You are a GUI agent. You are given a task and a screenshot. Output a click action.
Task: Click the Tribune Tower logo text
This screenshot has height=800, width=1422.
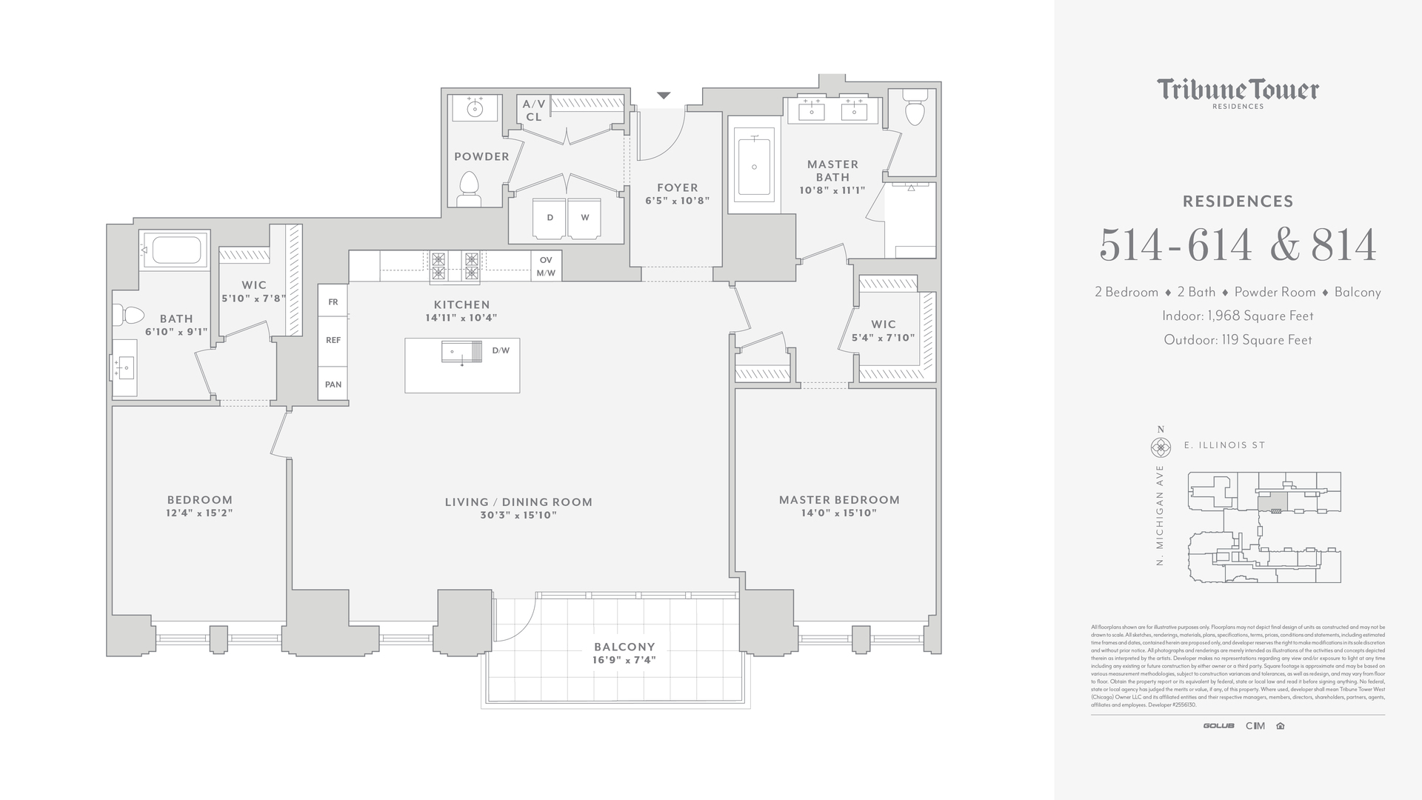1238,90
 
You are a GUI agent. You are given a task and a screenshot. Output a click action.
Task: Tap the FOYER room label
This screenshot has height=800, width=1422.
677,188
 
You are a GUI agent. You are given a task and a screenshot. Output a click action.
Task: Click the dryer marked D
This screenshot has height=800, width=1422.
550,218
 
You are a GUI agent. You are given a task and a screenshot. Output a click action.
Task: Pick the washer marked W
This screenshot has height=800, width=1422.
585,218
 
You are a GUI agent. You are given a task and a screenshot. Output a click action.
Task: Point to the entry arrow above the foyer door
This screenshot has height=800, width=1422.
664,96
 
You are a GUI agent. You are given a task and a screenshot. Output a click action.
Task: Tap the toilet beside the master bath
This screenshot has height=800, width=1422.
915,110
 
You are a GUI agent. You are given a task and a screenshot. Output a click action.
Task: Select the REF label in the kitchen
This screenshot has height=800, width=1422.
333,340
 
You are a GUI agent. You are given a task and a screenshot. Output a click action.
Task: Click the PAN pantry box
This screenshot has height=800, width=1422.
333,384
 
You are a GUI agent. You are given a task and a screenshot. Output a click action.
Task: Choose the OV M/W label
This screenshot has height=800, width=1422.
546,267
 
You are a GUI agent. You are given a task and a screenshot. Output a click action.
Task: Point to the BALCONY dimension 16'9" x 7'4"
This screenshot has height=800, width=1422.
624,660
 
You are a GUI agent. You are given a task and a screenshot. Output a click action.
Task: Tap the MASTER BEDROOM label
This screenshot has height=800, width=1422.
839,500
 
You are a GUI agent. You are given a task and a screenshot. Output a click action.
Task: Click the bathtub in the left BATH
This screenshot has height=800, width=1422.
175,250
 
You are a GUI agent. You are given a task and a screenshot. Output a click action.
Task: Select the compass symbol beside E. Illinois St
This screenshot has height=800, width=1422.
1160,447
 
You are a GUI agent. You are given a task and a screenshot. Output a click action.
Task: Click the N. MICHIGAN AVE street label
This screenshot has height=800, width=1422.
1160,516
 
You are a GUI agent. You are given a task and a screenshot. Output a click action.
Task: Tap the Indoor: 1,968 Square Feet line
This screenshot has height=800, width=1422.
1238,316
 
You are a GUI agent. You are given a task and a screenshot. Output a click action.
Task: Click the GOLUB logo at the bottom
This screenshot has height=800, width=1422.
1218,726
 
